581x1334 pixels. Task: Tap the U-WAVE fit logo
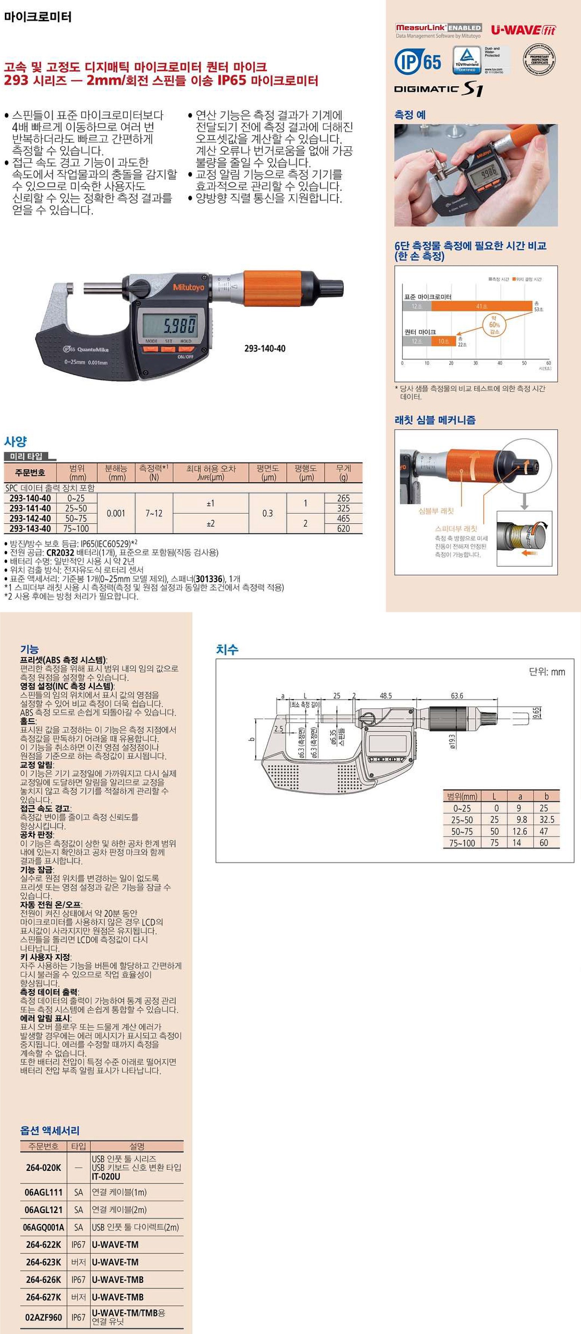(x=523, y=30)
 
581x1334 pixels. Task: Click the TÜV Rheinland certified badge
(x=467, y=60)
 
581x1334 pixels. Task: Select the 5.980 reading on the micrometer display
(x=180, y=325)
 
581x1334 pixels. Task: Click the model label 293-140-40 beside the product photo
(x=264, y=349)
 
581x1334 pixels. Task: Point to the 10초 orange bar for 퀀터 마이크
(x=444, y=341)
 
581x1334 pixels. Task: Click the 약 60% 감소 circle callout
(x=494, y=325)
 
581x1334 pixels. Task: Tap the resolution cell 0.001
(x=116, y=513)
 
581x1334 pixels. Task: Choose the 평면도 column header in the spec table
(x=268, y=472)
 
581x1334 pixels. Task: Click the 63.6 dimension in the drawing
(x=457, y=695)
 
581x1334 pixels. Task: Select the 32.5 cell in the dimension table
(x=546, y=820)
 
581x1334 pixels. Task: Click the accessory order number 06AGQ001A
(x=44, y=1227)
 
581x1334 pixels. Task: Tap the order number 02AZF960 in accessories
(x=44, y=1317)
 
